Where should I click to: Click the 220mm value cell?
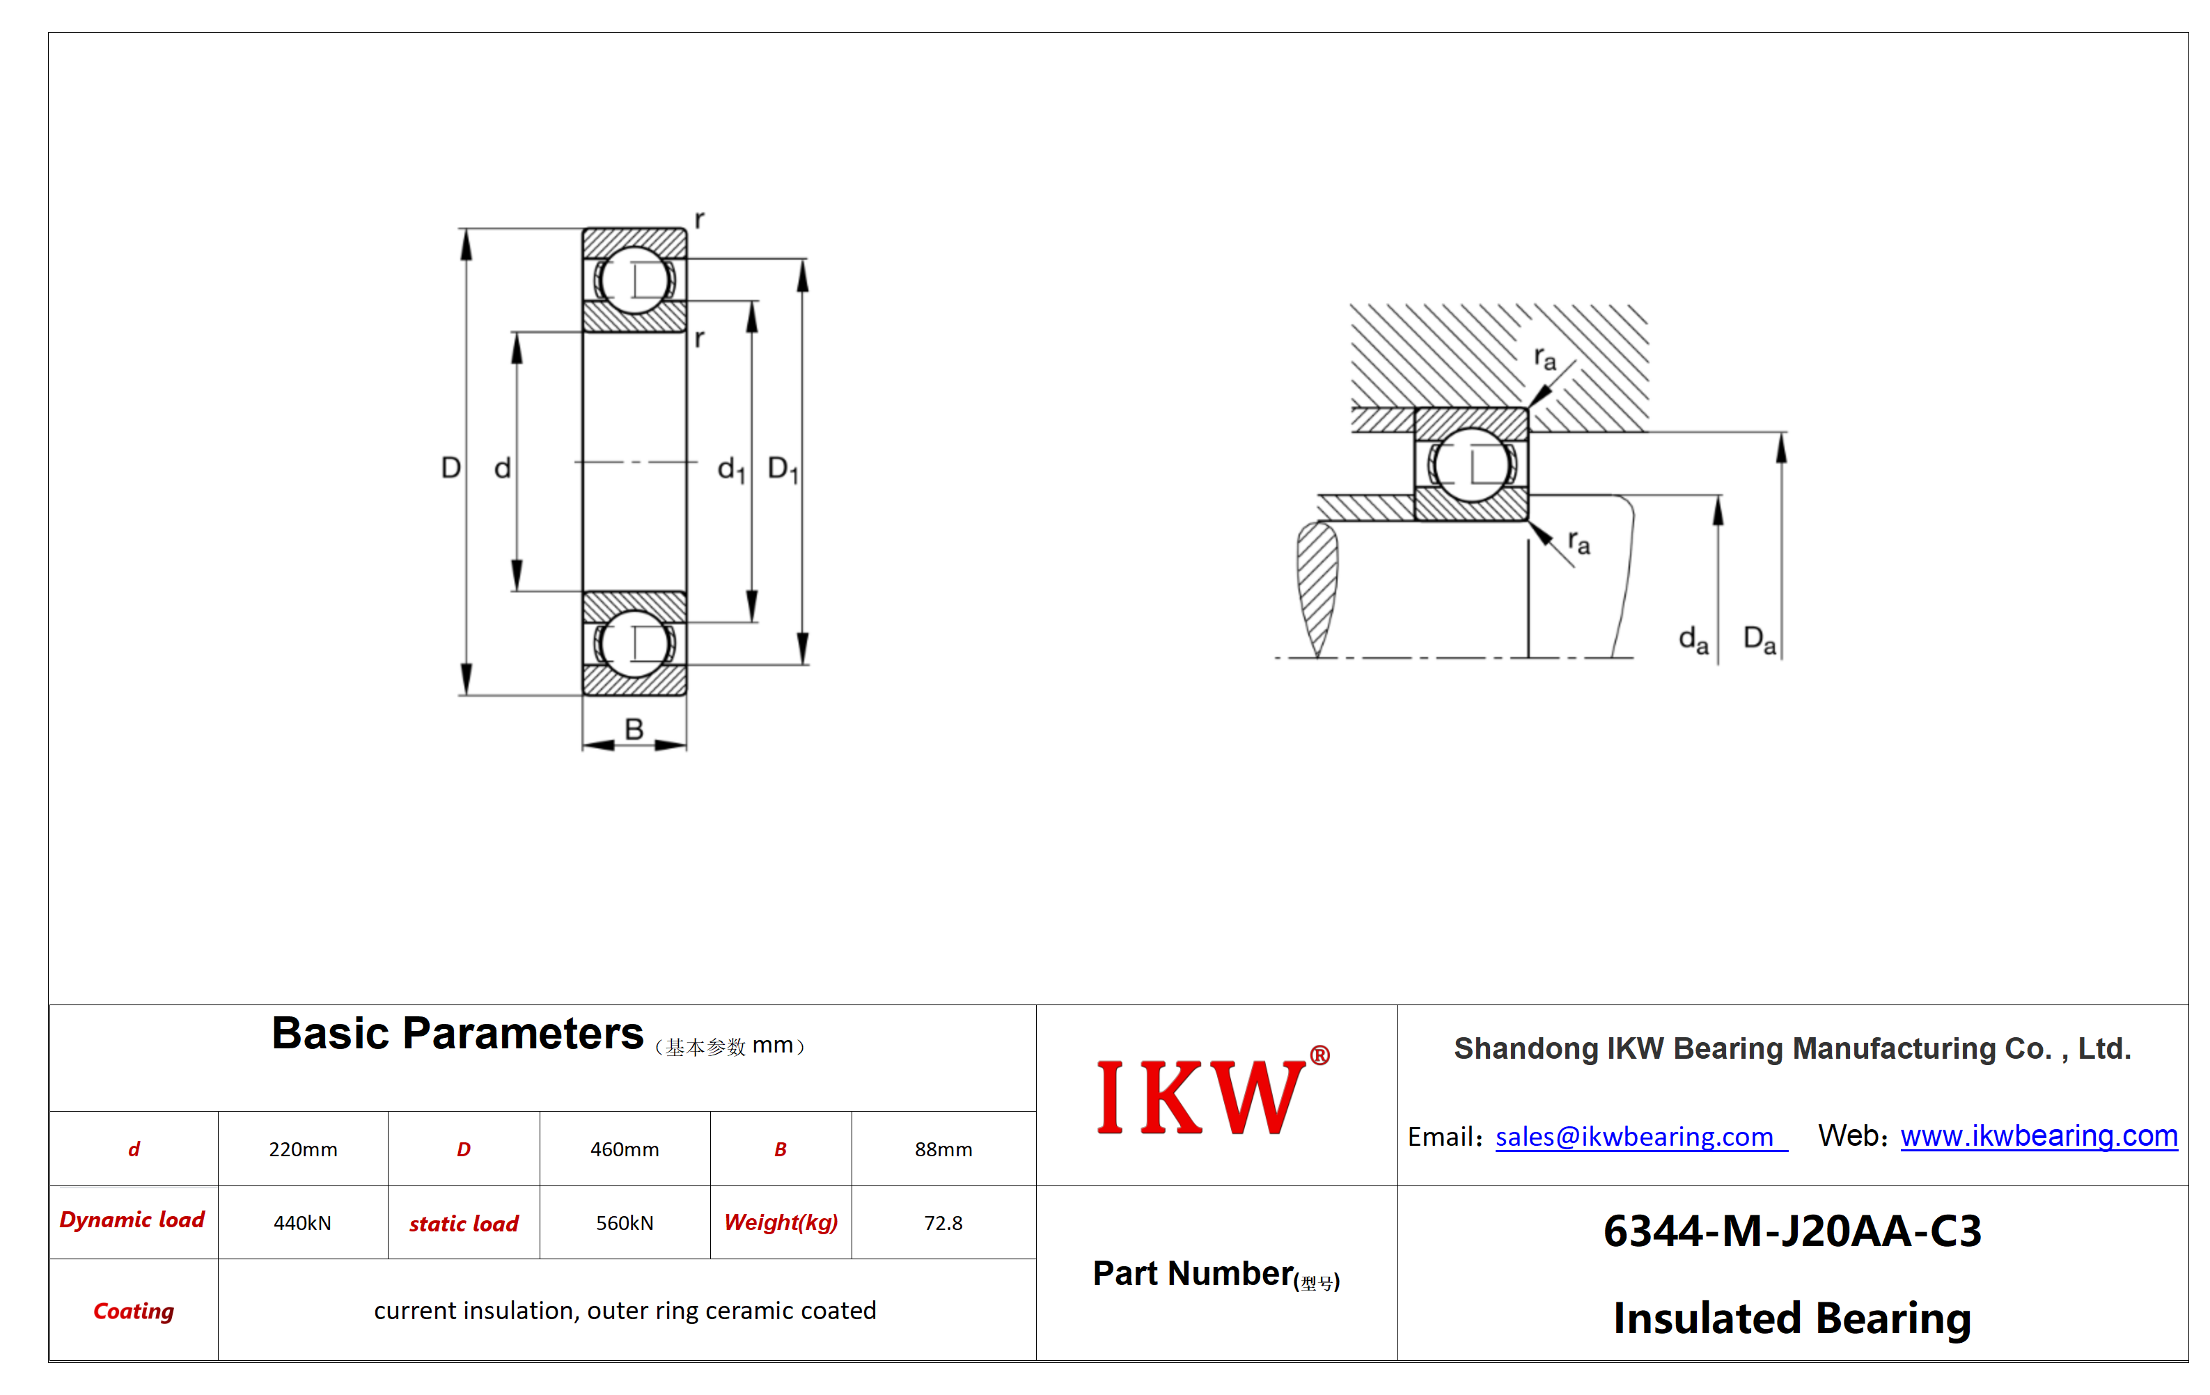[x=303, y=1149]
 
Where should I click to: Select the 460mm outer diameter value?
[x=624, y=1149]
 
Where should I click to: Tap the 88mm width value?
[x=943, y=1149]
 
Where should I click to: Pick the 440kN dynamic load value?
[x=302, y=1222]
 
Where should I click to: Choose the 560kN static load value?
[x=624, y=1222]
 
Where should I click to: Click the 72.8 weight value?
[x=943, y=1222]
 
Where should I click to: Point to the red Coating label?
[x=134, y=1311]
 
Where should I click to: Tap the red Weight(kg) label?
[x=781, y=1222]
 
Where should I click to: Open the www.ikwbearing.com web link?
[x=2039, y=1135]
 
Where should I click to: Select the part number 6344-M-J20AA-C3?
[x=1792, y=1231]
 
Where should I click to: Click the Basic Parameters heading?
[x=457, y=1034]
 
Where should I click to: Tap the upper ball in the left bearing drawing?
[x=634, y=279]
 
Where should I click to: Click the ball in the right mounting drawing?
[x=1471, y=464]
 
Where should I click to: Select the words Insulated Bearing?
[x=1792, y=1318]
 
